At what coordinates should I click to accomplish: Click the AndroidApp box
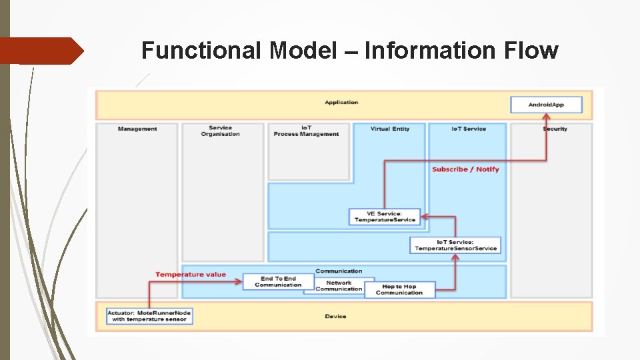click(546, 105)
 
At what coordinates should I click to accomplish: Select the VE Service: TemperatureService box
click(385, 217)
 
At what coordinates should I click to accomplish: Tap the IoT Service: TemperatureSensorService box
click(455, 245)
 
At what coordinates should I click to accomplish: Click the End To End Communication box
click(278, 282)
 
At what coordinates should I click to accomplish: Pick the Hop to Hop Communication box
click(399, 290)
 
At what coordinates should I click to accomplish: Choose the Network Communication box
click(339, 286)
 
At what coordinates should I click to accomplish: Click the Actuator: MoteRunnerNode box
click(150, 316)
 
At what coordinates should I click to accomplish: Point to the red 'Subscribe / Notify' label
click(465, 169)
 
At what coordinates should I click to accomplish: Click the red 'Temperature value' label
click(191, 274)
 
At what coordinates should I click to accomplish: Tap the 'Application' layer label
click(341, 102)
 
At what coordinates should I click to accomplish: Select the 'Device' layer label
click(335, 316)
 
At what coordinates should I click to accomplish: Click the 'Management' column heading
click(137, 129)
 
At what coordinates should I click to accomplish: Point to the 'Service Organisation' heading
click(220, 131)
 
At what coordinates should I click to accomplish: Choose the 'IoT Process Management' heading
click(306, 131)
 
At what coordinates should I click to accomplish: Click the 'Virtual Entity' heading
click(390, 129)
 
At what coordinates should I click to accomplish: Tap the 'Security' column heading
click(555, 129)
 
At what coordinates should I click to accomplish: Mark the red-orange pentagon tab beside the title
click(41, 51)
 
